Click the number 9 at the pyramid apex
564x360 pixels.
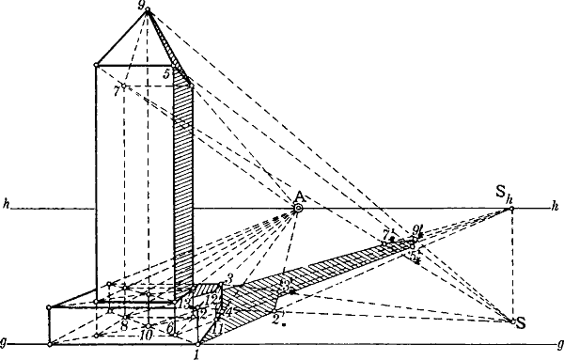click(140, 6)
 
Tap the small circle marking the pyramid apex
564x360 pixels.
click(148, 10)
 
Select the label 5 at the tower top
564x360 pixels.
click(165, 72)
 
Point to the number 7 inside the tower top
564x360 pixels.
click(115, 90)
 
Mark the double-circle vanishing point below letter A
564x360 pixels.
click(298, 207)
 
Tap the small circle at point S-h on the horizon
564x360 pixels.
click(511, 208)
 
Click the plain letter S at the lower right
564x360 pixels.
click(520, 323)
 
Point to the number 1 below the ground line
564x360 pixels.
click(196, 354)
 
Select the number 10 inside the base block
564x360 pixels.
click(146, 333)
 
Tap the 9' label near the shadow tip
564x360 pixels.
click(418, 228)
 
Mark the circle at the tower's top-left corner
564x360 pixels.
click(97, 66)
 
